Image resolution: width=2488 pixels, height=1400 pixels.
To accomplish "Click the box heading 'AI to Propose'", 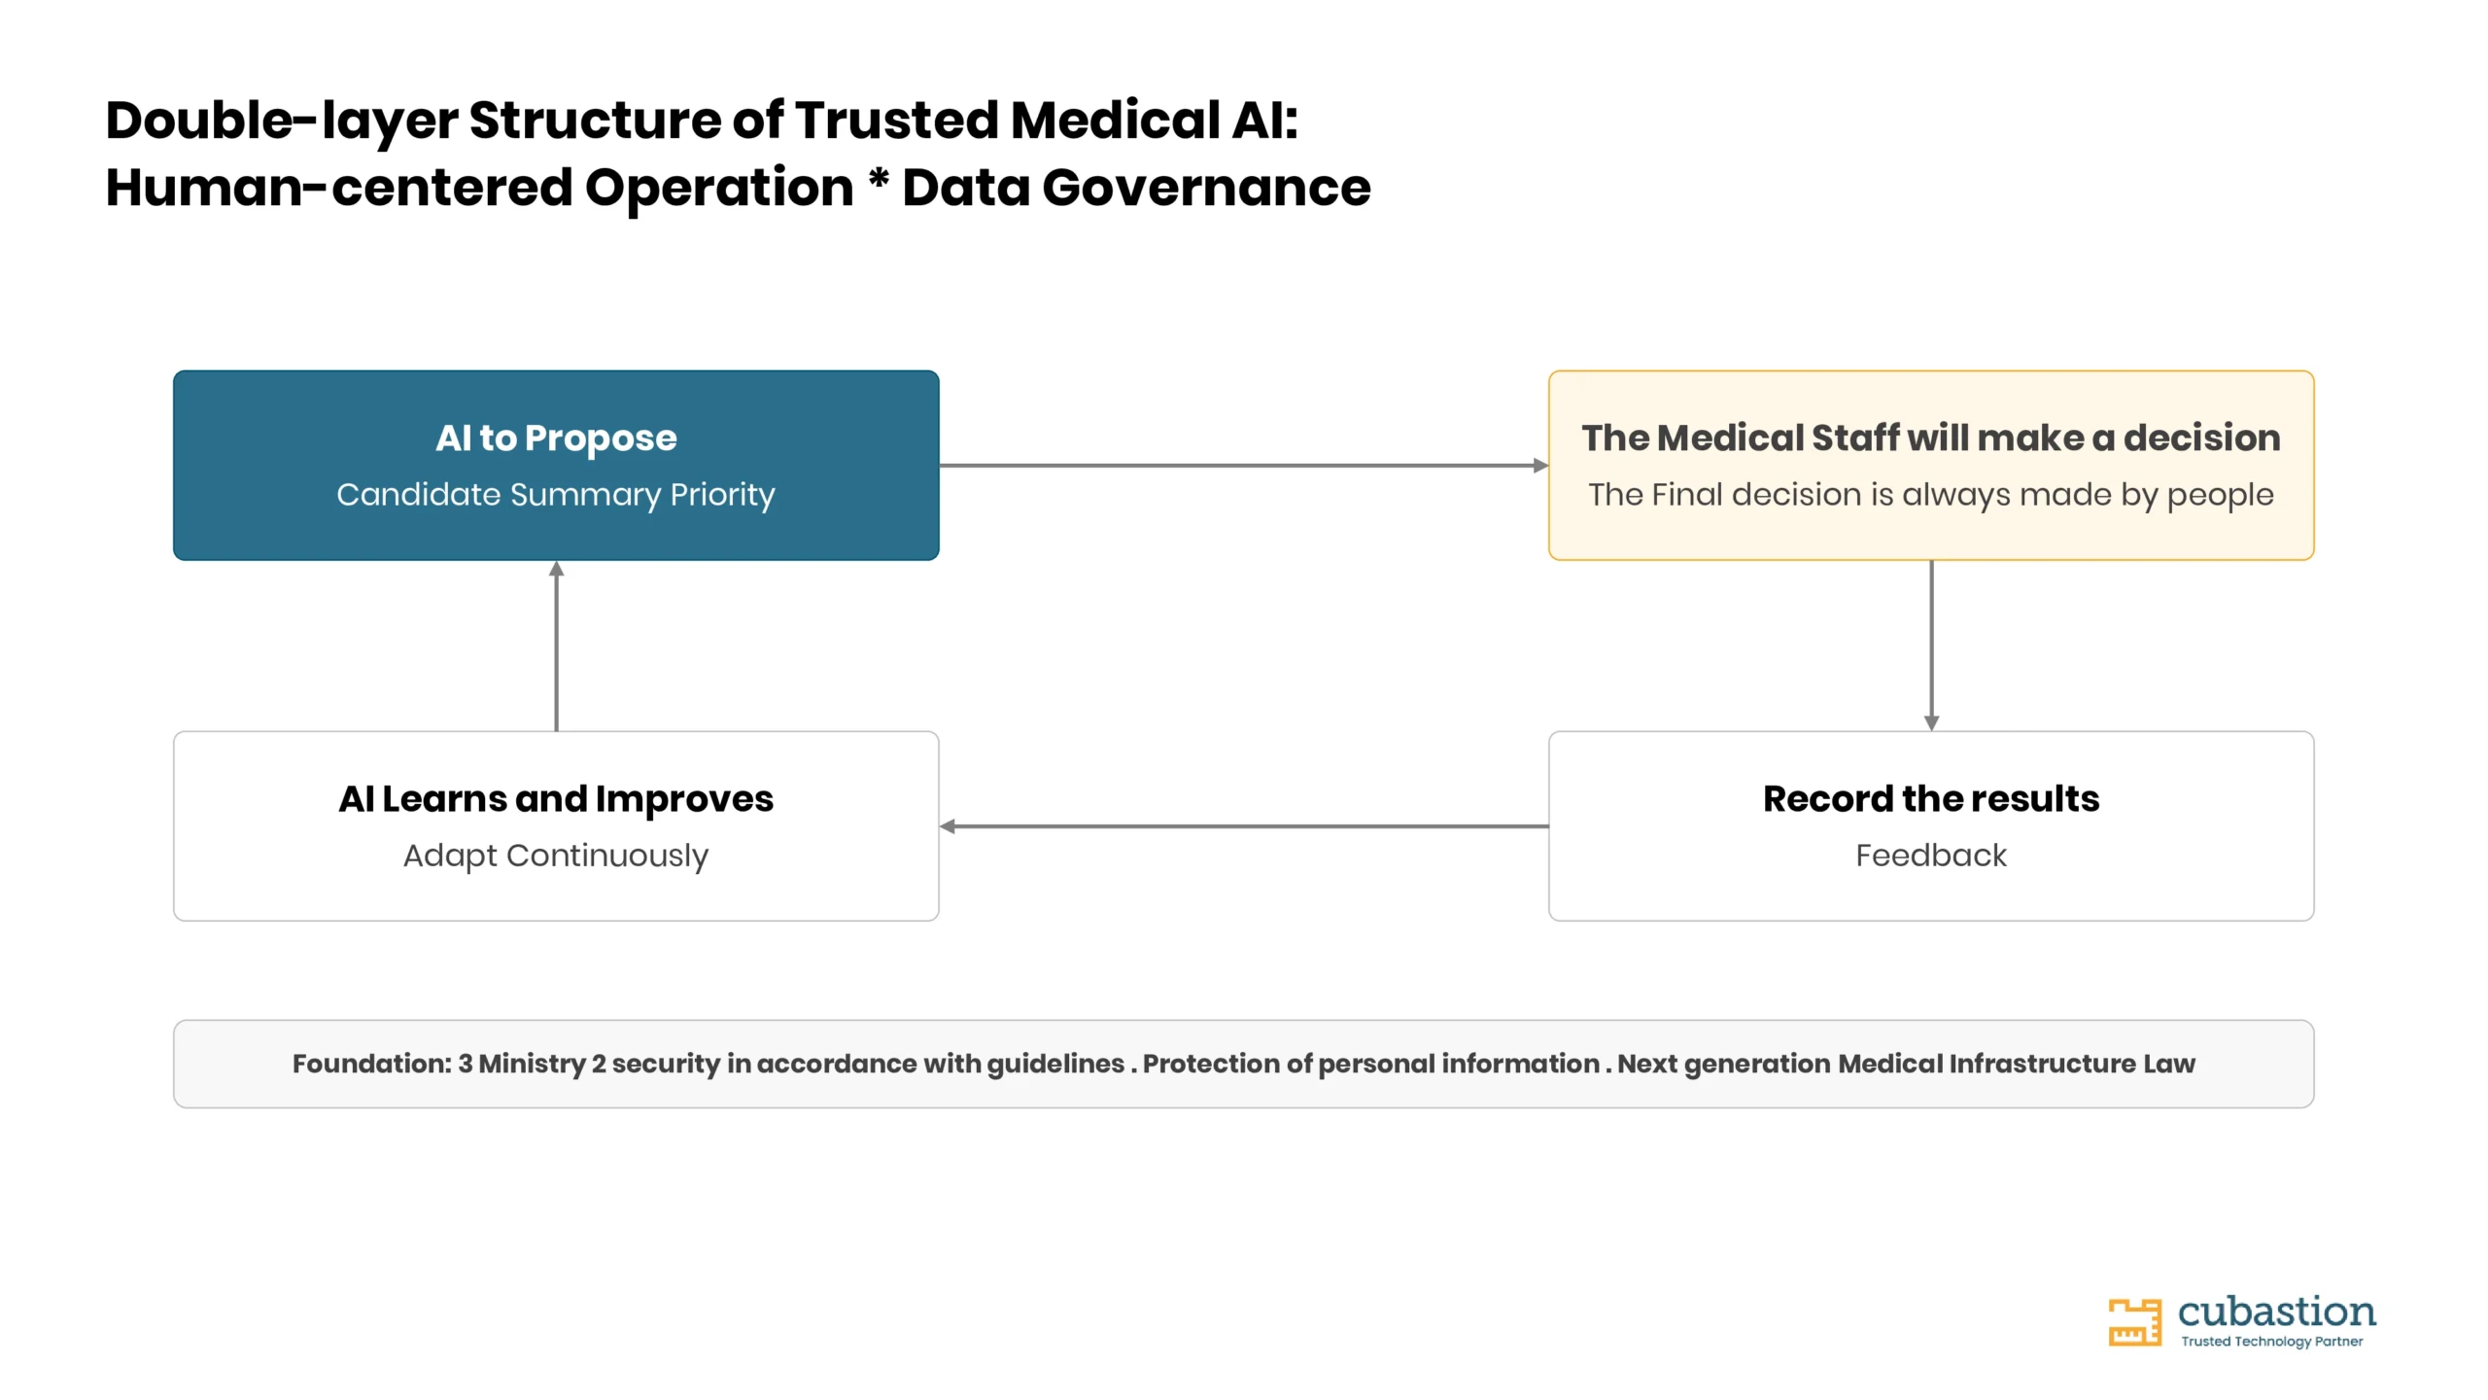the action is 556,438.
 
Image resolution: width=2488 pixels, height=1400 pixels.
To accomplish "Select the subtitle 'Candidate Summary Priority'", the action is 556,495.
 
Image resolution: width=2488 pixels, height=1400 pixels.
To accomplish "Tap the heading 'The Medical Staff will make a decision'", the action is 1931,438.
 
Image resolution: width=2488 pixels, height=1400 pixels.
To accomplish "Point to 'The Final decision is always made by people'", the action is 1931,495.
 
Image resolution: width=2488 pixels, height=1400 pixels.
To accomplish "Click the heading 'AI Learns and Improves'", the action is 556,799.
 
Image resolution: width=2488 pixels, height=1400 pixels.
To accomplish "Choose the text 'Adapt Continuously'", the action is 556,856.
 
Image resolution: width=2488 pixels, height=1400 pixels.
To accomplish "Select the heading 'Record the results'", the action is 1931,799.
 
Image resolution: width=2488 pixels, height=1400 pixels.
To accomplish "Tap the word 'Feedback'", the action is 1931,856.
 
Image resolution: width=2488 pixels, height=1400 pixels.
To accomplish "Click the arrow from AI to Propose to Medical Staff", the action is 1244,466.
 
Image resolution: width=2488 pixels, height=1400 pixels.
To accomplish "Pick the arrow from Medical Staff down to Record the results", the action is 1931,646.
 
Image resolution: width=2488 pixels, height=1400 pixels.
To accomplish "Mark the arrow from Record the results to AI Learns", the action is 1244,826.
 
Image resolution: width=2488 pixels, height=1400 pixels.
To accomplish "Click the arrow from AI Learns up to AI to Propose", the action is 556,646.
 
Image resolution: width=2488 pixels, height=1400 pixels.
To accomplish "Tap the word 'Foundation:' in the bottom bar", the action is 372,1064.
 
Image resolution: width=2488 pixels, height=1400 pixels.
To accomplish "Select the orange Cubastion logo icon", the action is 2134,1322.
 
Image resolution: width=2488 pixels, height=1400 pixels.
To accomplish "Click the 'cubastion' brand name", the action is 2277,1312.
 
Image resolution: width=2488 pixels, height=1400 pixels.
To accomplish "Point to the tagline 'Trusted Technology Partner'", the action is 2272,1342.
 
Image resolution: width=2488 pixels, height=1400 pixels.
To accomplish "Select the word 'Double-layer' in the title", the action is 282,122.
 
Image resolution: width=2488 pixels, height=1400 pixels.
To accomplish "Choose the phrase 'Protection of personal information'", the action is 1371,1064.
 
